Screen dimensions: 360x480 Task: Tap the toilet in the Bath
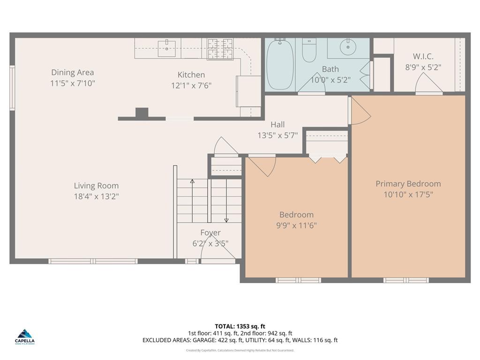tap(309, 51)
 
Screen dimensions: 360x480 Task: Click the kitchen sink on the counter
tap(166, 48)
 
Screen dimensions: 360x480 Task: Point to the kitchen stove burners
tap(220, 49)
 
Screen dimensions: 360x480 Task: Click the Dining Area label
tap(73, 72)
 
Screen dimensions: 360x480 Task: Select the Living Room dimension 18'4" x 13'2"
tap(96, 196)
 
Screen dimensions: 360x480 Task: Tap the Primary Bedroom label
tap(408, 184)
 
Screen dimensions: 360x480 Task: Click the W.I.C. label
tap(423, 57)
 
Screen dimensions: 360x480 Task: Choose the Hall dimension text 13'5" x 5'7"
tap(277, 135)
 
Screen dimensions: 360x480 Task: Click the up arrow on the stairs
tap(192, 181)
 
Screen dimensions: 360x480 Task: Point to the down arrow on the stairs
tap(226, 219)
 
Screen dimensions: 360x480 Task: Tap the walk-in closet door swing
tap(428, 83)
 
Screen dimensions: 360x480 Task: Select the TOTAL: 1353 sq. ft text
tap(240, 326)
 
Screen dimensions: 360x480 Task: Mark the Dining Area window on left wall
tap(12, 88)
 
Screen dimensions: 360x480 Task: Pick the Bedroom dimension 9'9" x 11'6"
tap(296, 225)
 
